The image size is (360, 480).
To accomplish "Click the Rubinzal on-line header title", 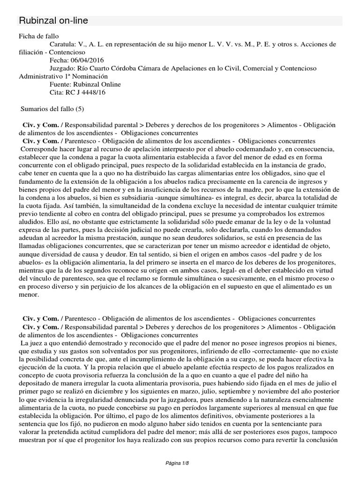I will click(52, 21).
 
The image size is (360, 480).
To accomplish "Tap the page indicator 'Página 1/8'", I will click(180, 464).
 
